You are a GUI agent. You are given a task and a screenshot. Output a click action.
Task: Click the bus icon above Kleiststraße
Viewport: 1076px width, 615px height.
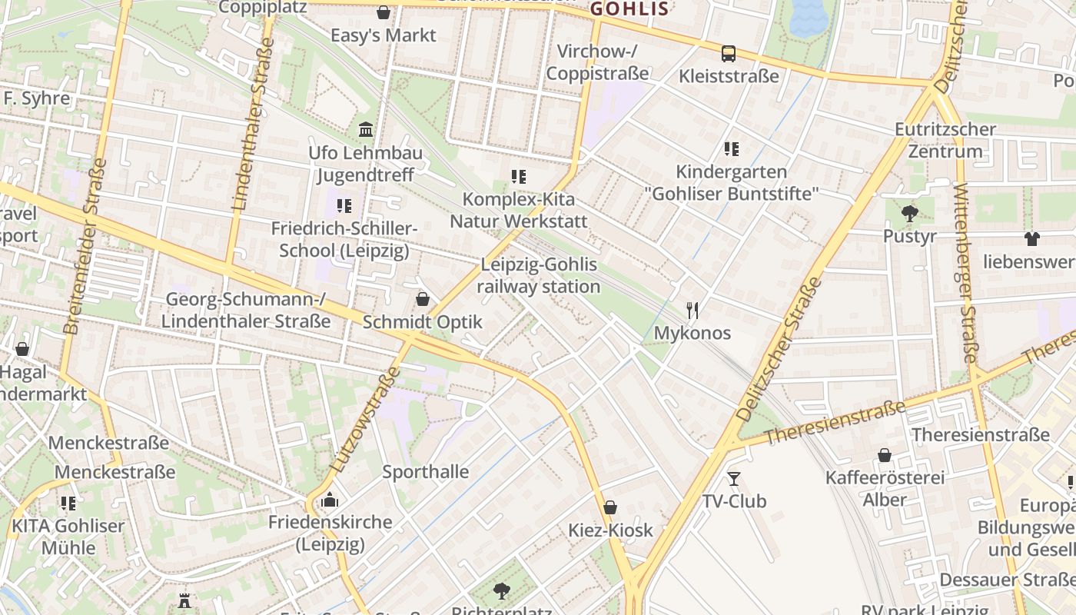click(x=728, y=54)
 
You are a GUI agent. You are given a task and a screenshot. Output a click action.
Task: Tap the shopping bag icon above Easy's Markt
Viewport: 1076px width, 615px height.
click(x=384, y=12)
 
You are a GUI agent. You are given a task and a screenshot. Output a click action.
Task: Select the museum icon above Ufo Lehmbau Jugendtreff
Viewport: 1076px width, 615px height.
click(x=366, y=128)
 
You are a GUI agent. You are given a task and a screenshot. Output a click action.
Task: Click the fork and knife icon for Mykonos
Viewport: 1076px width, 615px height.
click(x=692, y=311)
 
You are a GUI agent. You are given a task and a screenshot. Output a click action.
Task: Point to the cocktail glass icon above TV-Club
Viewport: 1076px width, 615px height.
click(x=734, y=479)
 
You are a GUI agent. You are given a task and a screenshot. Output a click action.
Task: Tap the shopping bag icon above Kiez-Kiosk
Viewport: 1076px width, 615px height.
click(x=610, y=507)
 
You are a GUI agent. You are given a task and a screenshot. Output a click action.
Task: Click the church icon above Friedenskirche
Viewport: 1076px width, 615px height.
click(x=330, y=500)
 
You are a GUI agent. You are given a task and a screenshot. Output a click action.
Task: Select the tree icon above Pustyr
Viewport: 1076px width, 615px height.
click(x=910, y=213)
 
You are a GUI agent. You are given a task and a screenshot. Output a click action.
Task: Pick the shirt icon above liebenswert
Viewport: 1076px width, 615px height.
click(x=1031, y=239)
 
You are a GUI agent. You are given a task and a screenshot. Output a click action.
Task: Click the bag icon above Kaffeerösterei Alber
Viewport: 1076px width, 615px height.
click(x=885, y=455)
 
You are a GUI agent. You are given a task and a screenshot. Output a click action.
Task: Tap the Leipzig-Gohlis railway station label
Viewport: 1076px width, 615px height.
click(x=538, y=275)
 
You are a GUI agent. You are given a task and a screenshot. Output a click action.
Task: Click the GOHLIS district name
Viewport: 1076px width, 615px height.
click(x=629, y=9)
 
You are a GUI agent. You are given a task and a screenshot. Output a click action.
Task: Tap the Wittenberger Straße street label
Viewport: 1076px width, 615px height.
click(x=965, y=274)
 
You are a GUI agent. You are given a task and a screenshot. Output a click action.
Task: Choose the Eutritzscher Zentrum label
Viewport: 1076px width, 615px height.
click(x=945, y=140)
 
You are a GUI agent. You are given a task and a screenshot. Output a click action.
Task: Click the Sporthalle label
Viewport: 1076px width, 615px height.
click(x=426, y=471)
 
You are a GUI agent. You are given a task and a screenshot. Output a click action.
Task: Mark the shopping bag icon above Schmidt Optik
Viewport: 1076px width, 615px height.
click(x=422, y=299)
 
